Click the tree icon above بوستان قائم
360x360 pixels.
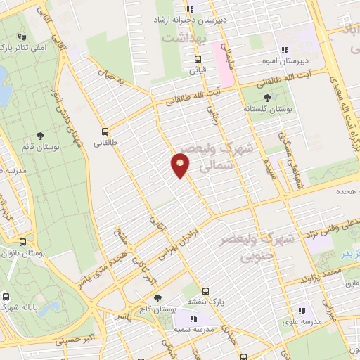[x=40, y=136]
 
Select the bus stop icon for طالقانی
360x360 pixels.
[x=105, y=131]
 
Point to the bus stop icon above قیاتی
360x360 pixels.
[x=198, y=59]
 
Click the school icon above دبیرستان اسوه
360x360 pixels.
[x=285, y=50]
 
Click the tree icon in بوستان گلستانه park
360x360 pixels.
[x=266, y=98]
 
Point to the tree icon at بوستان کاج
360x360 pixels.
[x=157, y=298]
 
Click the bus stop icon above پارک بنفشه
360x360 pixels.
[x=205, y=290]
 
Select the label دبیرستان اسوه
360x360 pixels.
[x=285, y=61]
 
